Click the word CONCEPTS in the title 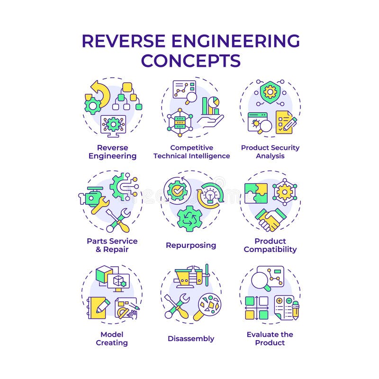coord(190,61)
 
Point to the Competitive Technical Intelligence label coord(191,152)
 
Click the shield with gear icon coord(270,90)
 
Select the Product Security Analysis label coord(270,152)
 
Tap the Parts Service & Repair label coord(112,245)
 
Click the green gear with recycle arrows coord(189,218)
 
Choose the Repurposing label coord(191,245)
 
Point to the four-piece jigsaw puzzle coord(256,193)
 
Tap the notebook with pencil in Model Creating coord(99,307)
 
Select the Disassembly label coord(191,338)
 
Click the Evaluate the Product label coord(270,338)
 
